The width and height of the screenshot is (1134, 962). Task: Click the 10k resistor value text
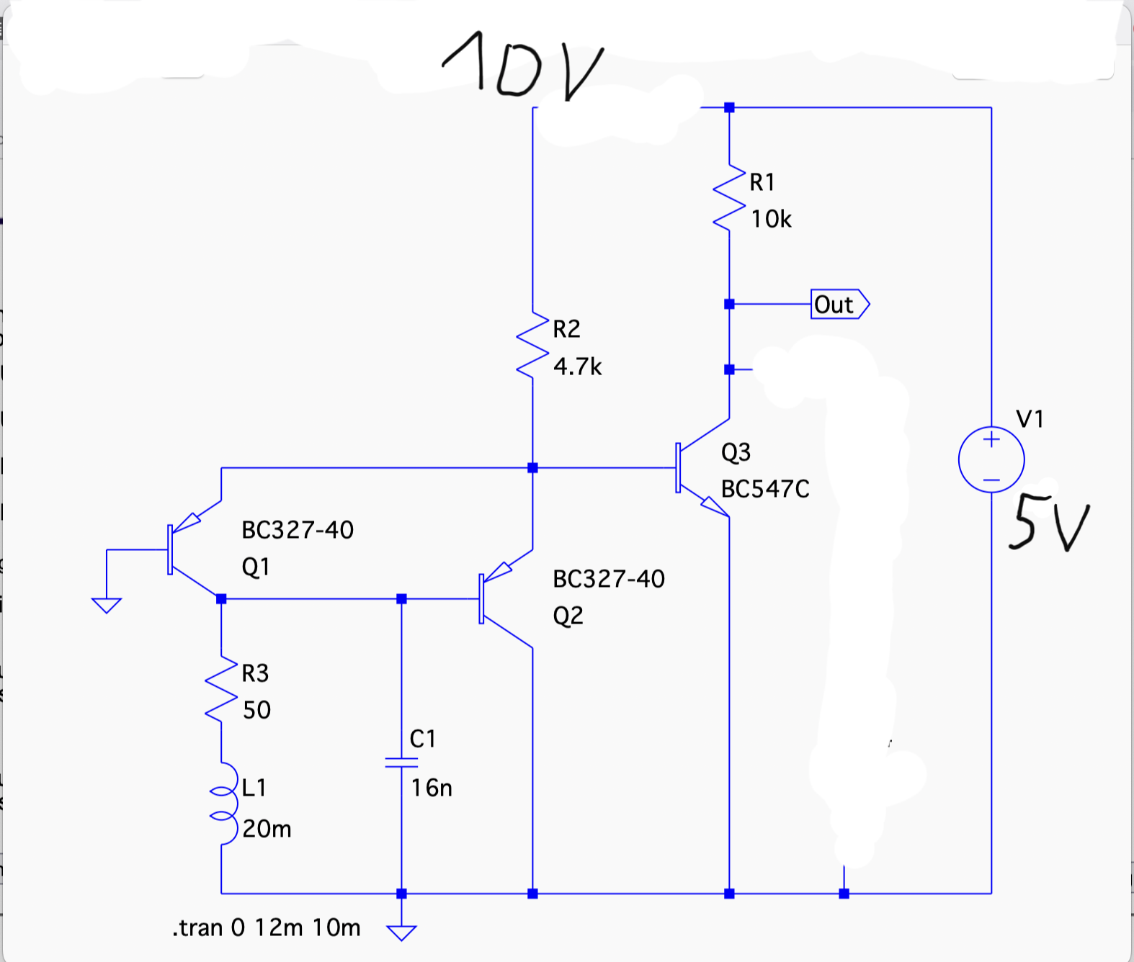(771, 220)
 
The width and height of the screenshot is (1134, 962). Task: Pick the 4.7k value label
(577, 367)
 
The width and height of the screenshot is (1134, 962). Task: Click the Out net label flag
(840, 304)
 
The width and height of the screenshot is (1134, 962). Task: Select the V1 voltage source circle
(991, 459)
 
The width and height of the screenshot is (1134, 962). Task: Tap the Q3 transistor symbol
(702, 468)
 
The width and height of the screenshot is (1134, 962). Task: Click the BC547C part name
(765, 489)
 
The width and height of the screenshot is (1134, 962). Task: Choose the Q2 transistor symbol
(505, 598)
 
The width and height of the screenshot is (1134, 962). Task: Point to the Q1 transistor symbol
(195, 549)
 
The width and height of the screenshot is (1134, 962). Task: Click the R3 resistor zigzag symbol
(221, 689)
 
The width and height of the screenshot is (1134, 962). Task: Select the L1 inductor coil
(225, 804)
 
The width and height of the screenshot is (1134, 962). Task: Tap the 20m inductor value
(267, 829)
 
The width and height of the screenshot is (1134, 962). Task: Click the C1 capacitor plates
(401, 763)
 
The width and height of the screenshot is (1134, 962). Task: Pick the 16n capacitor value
(432, 788)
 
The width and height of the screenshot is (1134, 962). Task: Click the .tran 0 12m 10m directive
(266, 928)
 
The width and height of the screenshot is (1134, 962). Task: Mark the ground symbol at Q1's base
(107, 606)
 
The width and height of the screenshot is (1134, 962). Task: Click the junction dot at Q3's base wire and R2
(532, 468)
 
